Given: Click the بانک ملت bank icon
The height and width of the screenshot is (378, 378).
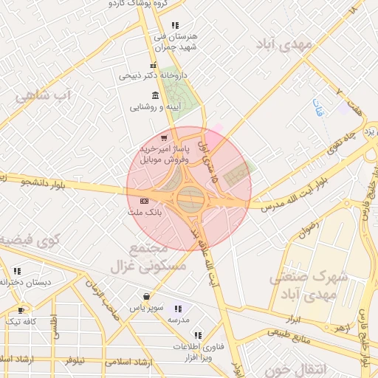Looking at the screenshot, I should tap(143, 201).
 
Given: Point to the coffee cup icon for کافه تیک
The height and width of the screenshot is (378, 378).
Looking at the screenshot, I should tap(21, 311).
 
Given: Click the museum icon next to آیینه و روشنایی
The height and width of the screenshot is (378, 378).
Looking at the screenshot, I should tap(154, 95).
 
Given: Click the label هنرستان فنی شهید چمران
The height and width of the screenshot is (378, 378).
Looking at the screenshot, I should tap(174, 41).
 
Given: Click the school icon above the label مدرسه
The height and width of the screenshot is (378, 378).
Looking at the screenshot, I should tap(177, 309).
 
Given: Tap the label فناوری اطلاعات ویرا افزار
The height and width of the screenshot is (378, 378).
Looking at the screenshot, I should tap(193, 351).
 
